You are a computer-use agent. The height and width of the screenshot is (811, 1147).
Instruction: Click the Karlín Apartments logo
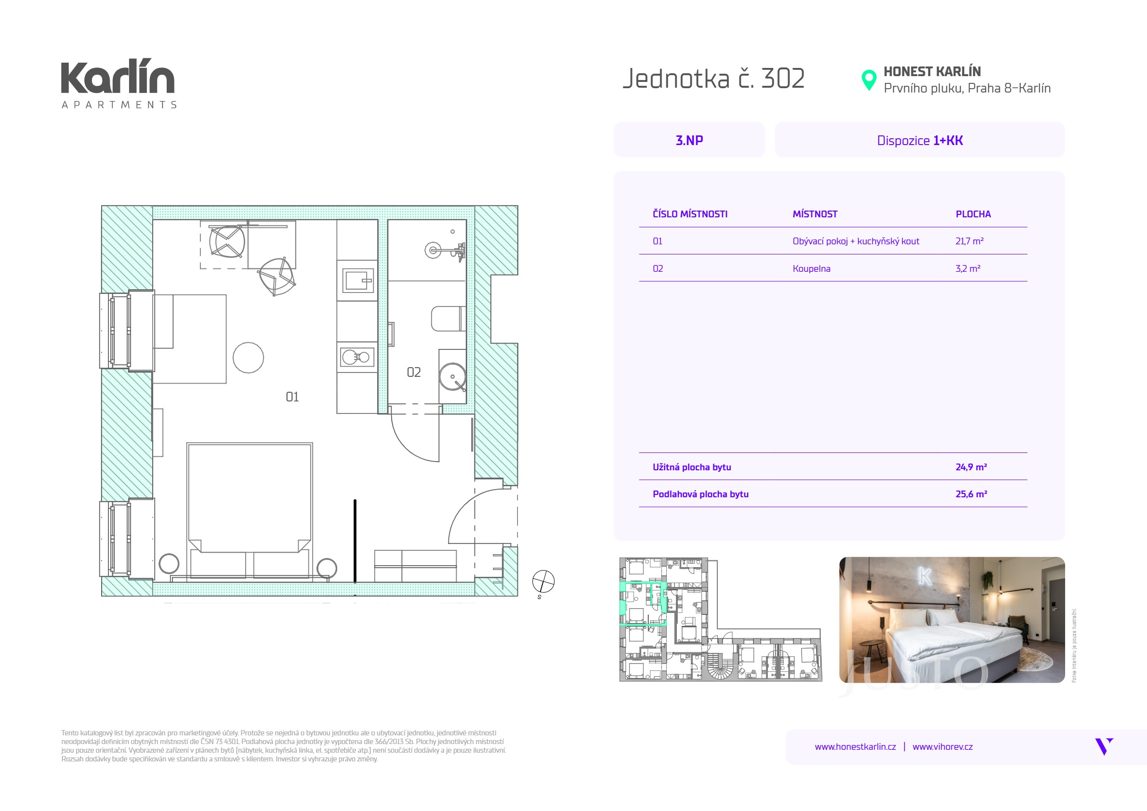coord(119,84)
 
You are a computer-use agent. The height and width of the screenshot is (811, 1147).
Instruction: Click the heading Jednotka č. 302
coord(713,79)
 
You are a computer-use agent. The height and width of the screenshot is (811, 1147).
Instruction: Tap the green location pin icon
coord(869,80)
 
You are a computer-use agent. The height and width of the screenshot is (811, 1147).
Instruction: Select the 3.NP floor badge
coord(689,140)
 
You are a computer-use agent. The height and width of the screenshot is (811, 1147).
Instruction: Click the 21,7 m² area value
coord(969,241)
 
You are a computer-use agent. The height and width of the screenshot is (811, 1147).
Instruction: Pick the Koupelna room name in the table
coord(811,269)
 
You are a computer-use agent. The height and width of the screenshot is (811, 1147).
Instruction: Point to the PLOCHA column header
coord(973,214)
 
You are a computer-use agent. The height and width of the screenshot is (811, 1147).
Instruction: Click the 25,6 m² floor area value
coord(971,494)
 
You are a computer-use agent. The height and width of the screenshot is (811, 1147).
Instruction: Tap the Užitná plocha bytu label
coord(691,467)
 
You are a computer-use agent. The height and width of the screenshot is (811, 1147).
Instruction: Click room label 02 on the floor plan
coord(414,372)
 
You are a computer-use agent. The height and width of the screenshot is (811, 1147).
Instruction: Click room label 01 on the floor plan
coord(292,397)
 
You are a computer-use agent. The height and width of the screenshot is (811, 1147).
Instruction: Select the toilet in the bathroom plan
coord(448,319)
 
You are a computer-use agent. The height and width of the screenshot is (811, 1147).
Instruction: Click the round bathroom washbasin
coord(453,377)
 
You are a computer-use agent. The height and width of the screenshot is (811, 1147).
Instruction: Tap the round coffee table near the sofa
coord(248,358)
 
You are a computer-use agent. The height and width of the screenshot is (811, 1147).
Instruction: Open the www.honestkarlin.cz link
coord(855,747)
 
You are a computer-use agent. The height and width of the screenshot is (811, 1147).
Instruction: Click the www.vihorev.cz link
coord(942,747)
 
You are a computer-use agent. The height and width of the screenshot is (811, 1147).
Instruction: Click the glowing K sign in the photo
coord(925,576)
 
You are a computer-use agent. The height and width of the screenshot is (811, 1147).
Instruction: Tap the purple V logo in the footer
coord(1104,746)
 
